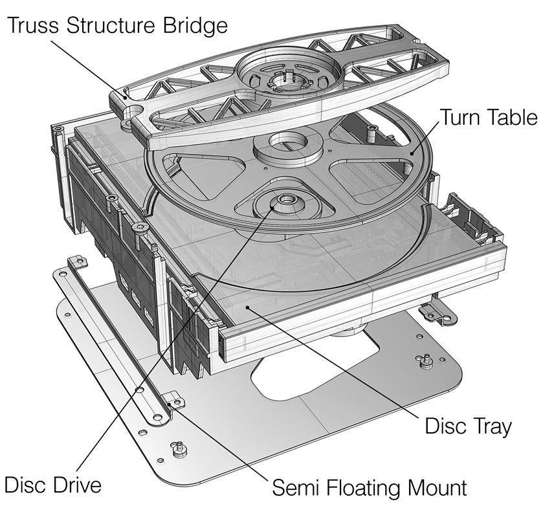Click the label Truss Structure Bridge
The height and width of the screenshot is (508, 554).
coord(118,26)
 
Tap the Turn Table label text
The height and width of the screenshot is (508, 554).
coord(489,118)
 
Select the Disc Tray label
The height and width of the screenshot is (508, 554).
coord(468,426)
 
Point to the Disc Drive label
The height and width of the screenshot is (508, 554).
coord(53,485)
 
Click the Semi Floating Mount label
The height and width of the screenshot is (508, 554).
coord(369,487)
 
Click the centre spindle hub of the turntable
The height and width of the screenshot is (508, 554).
coord(285,201)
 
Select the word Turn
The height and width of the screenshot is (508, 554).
coord(461,118)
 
